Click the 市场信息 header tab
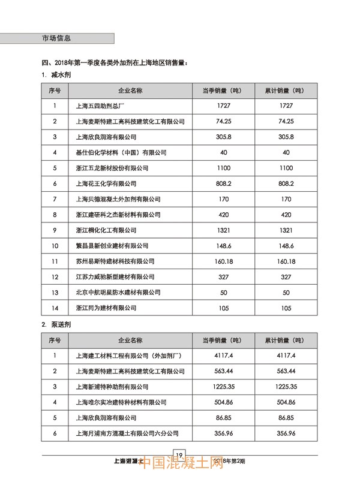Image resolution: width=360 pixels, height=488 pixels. (56, 37)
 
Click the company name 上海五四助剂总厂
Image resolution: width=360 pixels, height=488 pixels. (100, 106)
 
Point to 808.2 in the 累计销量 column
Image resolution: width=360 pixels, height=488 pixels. (286, 183)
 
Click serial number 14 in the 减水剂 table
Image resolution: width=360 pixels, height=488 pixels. (55, 308)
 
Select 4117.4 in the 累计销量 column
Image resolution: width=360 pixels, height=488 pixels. (286, 356)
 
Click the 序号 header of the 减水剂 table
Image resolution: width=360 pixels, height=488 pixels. (55, 90)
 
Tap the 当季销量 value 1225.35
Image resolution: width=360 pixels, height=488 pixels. (224, 387)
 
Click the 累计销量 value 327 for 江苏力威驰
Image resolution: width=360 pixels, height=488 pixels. (286, 277)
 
